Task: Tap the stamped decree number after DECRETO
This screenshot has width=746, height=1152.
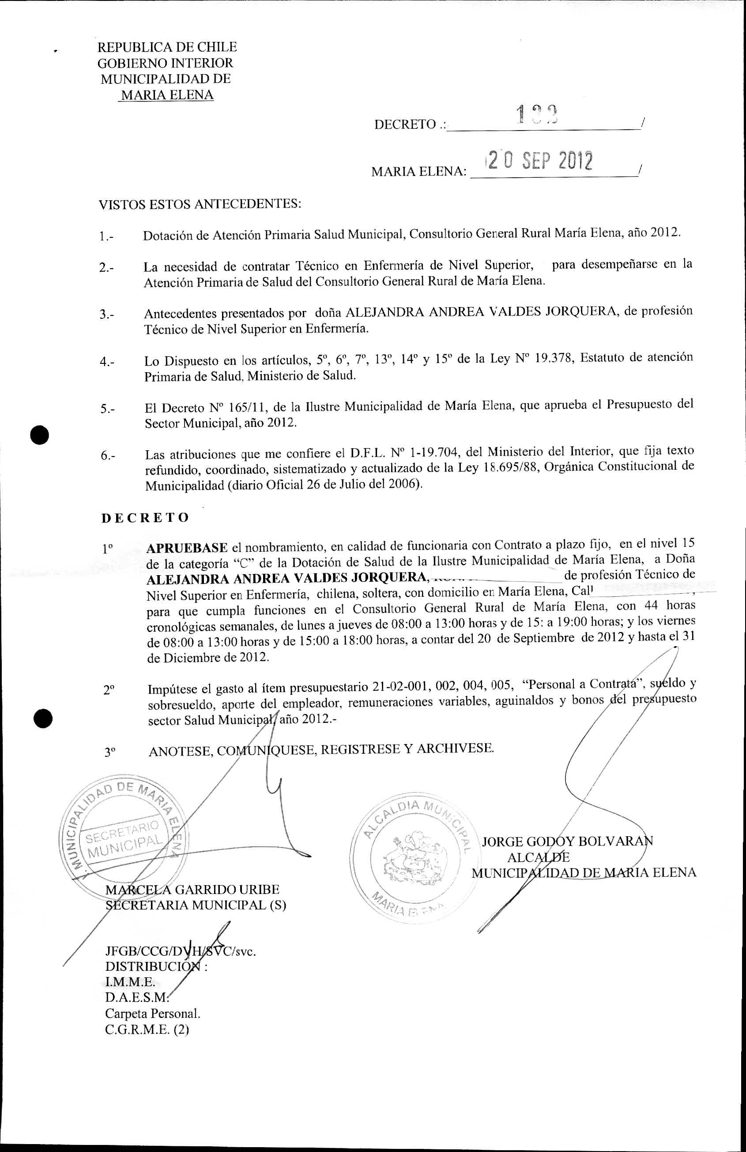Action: coord(537,114)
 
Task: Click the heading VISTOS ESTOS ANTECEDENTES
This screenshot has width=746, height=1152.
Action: coord(200,204)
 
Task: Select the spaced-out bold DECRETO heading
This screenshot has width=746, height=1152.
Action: coord(145,518)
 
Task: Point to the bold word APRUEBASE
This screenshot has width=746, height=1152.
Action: coord(187,547)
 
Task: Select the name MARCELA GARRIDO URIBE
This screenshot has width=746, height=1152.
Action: coord(192,890)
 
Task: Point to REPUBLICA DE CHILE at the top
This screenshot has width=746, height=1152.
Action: coord(167,47)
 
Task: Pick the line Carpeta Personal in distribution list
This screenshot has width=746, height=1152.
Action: coord(153,1013)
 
